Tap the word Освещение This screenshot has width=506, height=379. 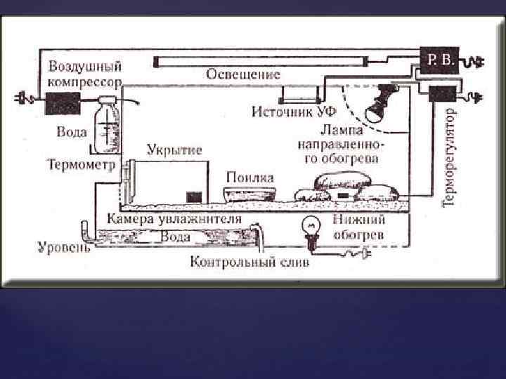(244, 74)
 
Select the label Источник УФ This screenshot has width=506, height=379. (294, 112)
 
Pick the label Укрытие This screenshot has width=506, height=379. (174, 150)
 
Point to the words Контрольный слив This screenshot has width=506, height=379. (249, 263)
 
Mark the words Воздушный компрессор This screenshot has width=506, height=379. (85, 74)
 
